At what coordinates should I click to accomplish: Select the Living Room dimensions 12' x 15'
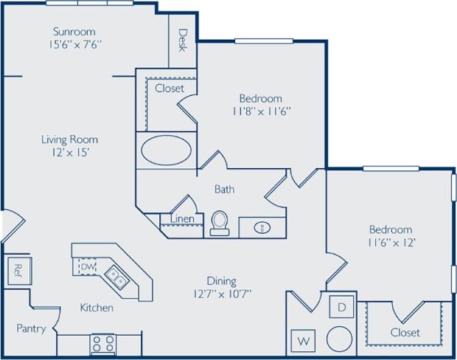[69, 153]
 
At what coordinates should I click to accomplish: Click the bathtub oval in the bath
[166, 152]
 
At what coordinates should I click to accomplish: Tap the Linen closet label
[182, 219]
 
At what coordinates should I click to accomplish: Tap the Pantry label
[32, 329]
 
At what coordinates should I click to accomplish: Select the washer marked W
[303, 341]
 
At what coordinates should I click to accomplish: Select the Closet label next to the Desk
[169, 89]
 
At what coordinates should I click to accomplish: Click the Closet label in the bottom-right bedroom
[405, 333]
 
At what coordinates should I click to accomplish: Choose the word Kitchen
[97, 308]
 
